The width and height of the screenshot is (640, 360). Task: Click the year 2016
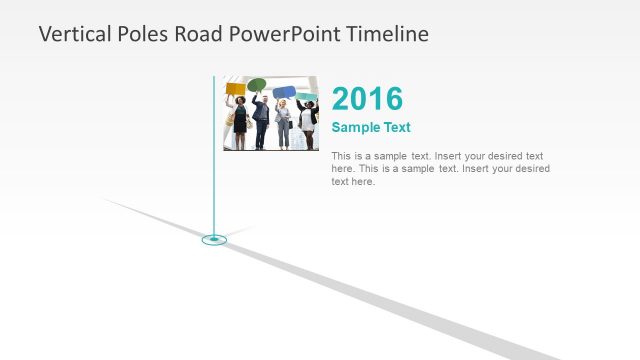[x=367, y=99]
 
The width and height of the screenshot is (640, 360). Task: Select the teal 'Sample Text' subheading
[x=371, y=127]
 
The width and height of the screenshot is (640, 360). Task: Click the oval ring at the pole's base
[x=214, y=239]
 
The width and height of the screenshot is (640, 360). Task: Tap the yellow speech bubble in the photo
[x=235, y=88]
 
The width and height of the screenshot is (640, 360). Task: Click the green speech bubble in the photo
[x=257, y=85]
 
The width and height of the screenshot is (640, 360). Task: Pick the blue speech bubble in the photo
[x=284, y=92]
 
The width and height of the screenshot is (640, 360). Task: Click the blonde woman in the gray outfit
[x=283, y=125]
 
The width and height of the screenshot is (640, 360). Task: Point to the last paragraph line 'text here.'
[x=353, y=182]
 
